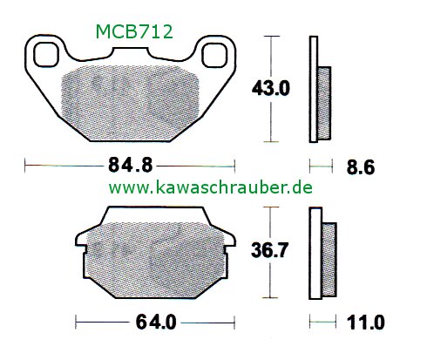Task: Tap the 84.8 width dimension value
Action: (x=131, y=164)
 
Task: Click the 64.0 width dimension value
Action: (x=158, y=323)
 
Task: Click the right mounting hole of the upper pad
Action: (x=213, y=55)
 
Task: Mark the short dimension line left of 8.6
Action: (x=321, y=164)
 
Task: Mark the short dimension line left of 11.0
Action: (x=322, y=323)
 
